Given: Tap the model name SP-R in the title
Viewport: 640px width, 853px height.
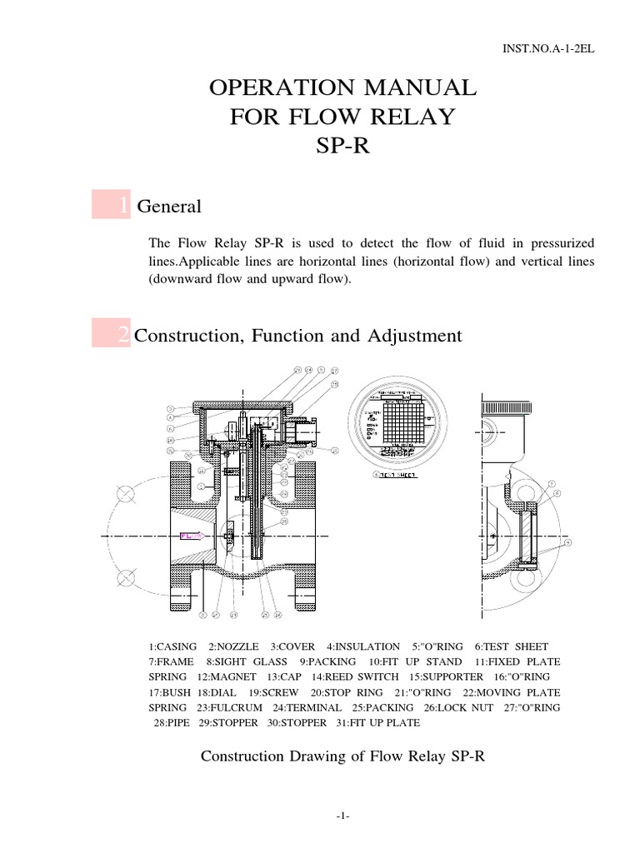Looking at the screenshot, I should click(342, 147).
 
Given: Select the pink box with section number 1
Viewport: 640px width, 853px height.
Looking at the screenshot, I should click(111, 205).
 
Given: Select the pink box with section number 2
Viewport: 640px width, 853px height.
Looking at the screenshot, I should click(111, 336).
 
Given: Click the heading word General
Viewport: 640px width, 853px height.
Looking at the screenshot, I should click(169, 206).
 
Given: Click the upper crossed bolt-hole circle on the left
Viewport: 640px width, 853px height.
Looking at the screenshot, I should click(127, 494).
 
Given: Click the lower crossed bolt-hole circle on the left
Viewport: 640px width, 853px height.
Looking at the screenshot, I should click(127, 577).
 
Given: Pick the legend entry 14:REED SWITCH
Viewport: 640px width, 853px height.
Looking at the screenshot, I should click(362, 676).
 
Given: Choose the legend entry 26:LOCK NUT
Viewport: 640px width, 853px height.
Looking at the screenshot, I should click(460, 707).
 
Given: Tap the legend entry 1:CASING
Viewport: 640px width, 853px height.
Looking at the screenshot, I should click(173, 646).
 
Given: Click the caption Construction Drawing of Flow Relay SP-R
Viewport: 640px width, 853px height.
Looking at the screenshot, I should click(343, 756).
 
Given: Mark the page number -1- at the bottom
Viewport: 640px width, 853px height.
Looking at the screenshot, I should click(343, 817).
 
